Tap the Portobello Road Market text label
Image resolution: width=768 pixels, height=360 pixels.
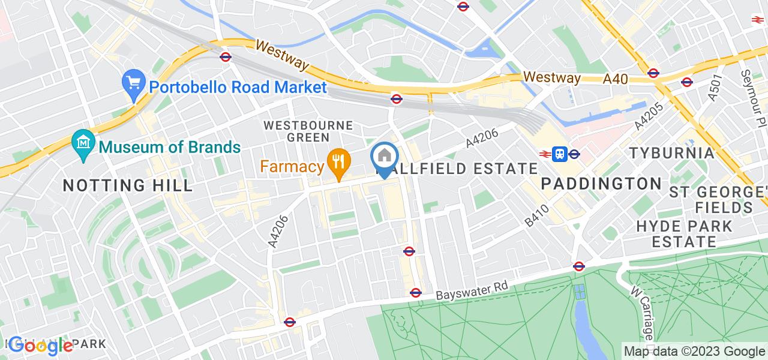click(238, 87)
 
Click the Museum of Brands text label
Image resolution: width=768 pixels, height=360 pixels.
click(170, 146)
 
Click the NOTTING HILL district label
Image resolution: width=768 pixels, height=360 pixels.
click(128, 185)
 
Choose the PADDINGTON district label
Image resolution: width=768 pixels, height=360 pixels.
click(601, 184)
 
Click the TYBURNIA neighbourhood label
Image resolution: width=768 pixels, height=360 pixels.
click(672, 153)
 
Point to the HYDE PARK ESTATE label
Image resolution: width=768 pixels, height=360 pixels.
click(684, 234)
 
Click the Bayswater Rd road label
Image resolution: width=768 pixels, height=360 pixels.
click(472, 290)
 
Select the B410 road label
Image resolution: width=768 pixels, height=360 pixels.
click(536, 215)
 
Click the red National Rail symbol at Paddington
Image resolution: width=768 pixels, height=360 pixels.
click(545, 154)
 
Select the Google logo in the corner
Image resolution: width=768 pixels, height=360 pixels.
click(41, 346)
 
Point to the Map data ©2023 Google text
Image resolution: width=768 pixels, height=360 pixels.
click(694, 352)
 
